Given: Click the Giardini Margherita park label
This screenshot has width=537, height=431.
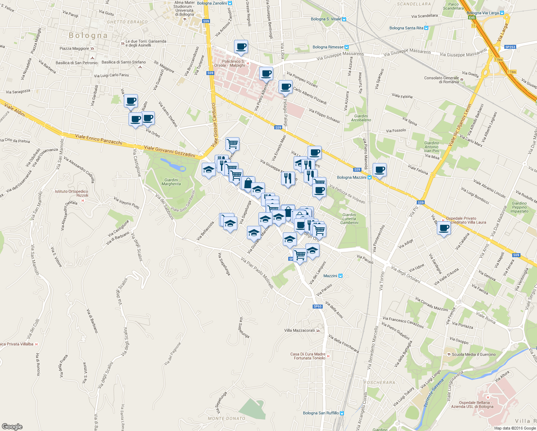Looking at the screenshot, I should (171, 182).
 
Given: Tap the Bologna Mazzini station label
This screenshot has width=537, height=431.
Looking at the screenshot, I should (352, 177).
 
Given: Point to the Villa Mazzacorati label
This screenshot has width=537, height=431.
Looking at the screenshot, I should (299, 330).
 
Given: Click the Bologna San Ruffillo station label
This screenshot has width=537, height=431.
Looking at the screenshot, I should (321, 413).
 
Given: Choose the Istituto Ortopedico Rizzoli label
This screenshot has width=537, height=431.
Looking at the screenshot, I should (71, 194).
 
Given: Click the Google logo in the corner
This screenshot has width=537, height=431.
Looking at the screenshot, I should (12, 427).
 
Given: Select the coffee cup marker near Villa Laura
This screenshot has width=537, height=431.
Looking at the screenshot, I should (444, 228).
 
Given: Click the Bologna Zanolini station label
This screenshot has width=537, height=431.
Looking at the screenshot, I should (212, 3).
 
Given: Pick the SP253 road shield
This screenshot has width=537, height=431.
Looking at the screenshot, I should (510, 47).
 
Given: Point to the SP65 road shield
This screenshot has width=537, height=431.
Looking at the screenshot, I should (317, 306).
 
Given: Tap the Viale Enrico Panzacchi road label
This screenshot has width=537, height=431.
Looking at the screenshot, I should (99, 139).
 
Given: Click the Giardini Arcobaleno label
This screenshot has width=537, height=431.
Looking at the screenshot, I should (361, 118).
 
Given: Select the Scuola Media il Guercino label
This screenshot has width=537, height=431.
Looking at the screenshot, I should (473, 354).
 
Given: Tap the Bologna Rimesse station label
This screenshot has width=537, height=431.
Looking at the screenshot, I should (328, 47).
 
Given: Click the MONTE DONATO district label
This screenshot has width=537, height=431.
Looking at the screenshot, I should (226, 418).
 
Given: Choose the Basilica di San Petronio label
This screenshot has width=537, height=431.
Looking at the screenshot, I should (76, 63).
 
